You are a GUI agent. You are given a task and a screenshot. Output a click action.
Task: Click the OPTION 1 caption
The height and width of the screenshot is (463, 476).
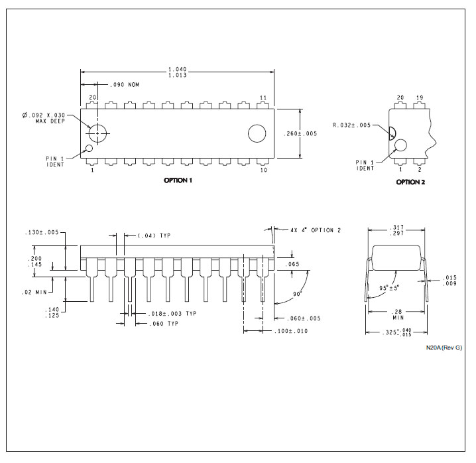[178, 180]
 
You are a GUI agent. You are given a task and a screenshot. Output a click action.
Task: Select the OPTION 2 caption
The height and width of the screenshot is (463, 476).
[410, 182]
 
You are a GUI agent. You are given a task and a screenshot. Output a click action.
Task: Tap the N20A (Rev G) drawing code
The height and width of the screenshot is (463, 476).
[444, 348]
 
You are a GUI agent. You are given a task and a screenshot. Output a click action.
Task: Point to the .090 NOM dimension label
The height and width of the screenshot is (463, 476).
[125, 85]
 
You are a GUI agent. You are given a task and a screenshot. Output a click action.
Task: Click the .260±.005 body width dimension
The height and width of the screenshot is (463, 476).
[300, 134]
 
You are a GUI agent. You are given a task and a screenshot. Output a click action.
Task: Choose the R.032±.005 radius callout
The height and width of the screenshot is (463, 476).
[351, 125]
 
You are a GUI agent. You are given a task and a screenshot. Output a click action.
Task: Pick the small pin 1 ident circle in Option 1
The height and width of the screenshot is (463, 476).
[89, 149]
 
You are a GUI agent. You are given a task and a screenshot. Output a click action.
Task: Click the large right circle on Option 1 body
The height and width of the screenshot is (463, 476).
[257, 133]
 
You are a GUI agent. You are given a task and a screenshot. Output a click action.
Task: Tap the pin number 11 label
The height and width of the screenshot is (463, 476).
[263, 98]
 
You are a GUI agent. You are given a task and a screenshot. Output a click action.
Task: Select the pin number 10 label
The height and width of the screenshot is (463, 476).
[263, 170]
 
